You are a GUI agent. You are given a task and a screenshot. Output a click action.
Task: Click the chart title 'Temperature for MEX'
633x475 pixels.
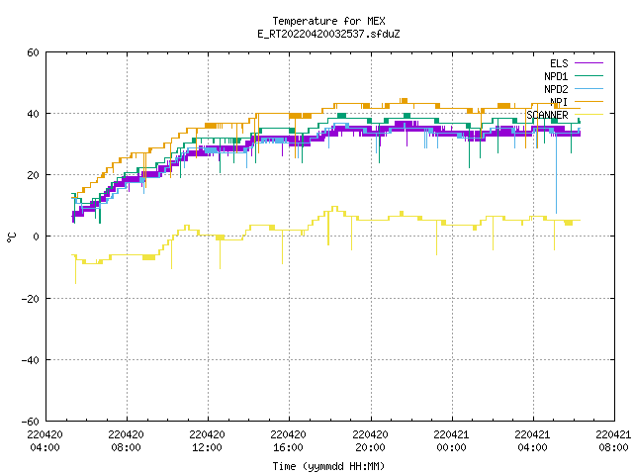pyautogui.click(x=328, y=21)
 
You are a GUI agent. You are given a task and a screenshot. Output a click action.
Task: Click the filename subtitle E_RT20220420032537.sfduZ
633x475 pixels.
pyautogui.click(x=328, y=34)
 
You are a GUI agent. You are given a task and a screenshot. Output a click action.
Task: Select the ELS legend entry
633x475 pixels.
pyautogui.click(x=576, y=63)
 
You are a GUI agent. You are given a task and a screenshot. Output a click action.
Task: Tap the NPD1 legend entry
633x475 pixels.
pyautogui.click(x=574, y=76)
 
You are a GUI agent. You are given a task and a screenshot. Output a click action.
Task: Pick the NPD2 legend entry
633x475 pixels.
pyautogui.click(x=574, y=89)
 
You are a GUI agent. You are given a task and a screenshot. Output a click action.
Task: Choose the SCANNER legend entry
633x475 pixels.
pyautogui.click(x=565, y=115)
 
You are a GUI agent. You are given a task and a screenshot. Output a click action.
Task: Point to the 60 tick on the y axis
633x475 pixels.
pyautogui.click(x=33, y=52)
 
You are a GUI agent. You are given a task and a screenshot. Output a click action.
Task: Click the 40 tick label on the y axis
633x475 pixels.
pyautogui.click(x=33, y=114)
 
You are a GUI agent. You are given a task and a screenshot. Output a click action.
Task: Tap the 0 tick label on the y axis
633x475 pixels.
pyautogui.click(x=36, y=237)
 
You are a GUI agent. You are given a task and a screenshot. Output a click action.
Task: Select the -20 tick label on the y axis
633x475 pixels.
pyautogui.click(x=31, y=299)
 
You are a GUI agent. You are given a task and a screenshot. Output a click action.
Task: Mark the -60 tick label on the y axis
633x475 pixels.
pyautogui.click(x=31, y=422)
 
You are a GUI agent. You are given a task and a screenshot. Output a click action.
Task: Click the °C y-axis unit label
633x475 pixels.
pyautogui.click(x=12, y=237)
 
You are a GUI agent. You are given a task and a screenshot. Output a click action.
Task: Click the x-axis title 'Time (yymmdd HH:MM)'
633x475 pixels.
pyautogui.click(x=328, y=466)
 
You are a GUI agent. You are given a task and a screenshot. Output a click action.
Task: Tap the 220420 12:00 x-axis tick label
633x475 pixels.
pyautogui.click(x=207, y=441)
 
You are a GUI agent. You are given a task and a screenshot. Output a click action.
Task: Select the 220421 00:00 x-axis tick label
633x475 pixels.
pyautogui.click(x=451, y=441)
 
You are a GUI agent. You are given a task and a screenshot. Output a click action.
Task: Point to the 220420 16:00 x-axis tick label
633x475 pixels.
pyautogui.click(x=288, y=441)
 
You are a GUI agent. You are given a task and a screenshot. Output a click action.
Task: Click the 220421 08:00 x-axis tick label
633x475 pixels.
pyautogui.click(x=613, y=441)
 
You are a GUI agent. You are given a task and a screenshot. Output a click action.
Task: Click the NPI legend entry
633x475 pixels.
pyautogui.click(x=576, y=102)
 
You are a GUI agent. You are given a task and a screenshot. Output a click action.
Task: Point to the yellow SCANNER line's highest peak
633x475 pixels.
pyautogui.click(x=334, y=207)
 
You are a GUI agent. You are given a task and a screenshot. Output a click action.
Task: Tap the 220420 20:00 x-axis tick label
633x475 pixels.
pyautogui.click(x=370, y=441)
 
